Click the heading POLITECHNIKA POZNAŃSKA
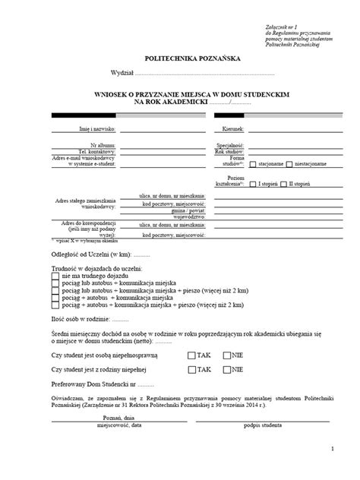180,57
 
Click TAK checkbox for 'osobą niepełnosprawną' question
191,355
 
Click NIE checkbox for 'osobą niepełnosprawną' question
226,355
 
